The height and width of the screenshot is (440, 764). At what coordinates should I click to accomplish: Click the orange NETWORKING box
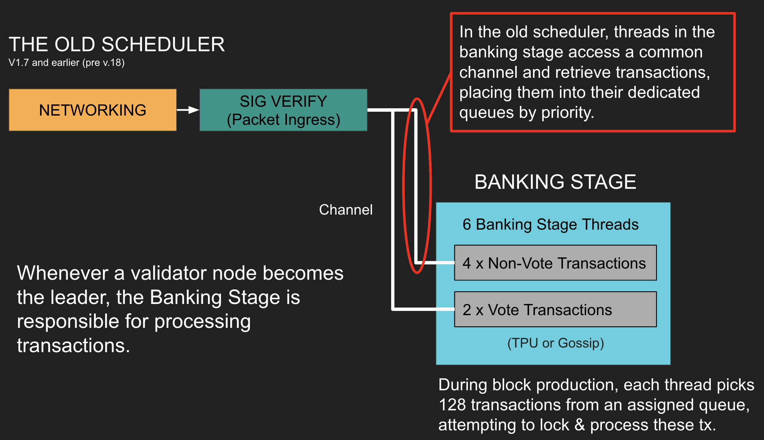click(x=93, y=110)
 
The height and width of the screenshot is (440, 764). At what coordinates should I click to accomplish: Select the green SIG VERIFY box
click(x=283, y=110)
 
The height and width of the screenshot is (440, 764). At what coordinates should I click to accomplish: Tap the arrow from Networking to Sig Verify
click(x=188, y=110)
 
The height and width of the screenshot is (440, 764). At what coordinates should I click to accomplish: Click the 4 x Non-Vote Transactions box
click(x=555, y=263)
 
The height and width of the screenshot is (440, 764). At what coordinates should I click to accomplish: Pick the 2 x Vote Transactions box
click(x=555, y=309)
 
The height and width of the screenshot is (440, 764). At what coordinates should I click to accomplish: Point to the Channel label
click(x=346, y=210)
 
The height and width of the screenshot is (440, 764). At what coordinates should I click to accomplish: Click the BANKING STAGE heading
click(x=555, y=182)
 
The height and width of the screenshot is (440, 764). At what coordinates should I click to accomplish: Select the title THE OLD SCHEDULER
click(x=117, y=44)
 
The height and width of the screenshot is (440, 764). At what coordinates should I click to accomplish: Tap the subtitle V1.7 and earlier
click(x=67, y=62)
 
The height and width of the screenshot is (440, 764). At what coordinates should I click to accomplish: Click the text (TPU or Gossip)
click(x=556, y=343)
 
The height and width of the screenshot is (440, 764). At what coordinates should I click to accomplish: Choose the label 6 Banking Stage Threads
click(x=551, y=224)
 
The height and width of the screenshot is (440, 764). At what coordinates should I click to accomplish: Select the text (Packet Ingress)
click(x=283, y=120)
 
